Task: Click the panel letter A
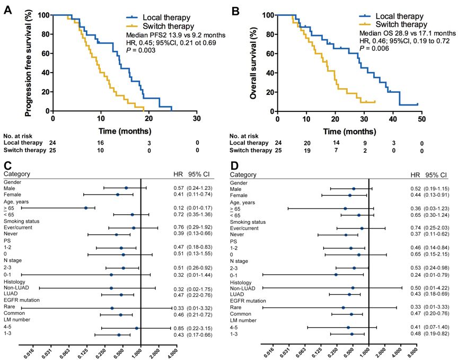(x=8, y=10)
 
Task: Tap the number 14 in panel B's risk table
(x=336, y=143)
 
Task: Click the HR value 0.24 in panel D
(x=416, y=275)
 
